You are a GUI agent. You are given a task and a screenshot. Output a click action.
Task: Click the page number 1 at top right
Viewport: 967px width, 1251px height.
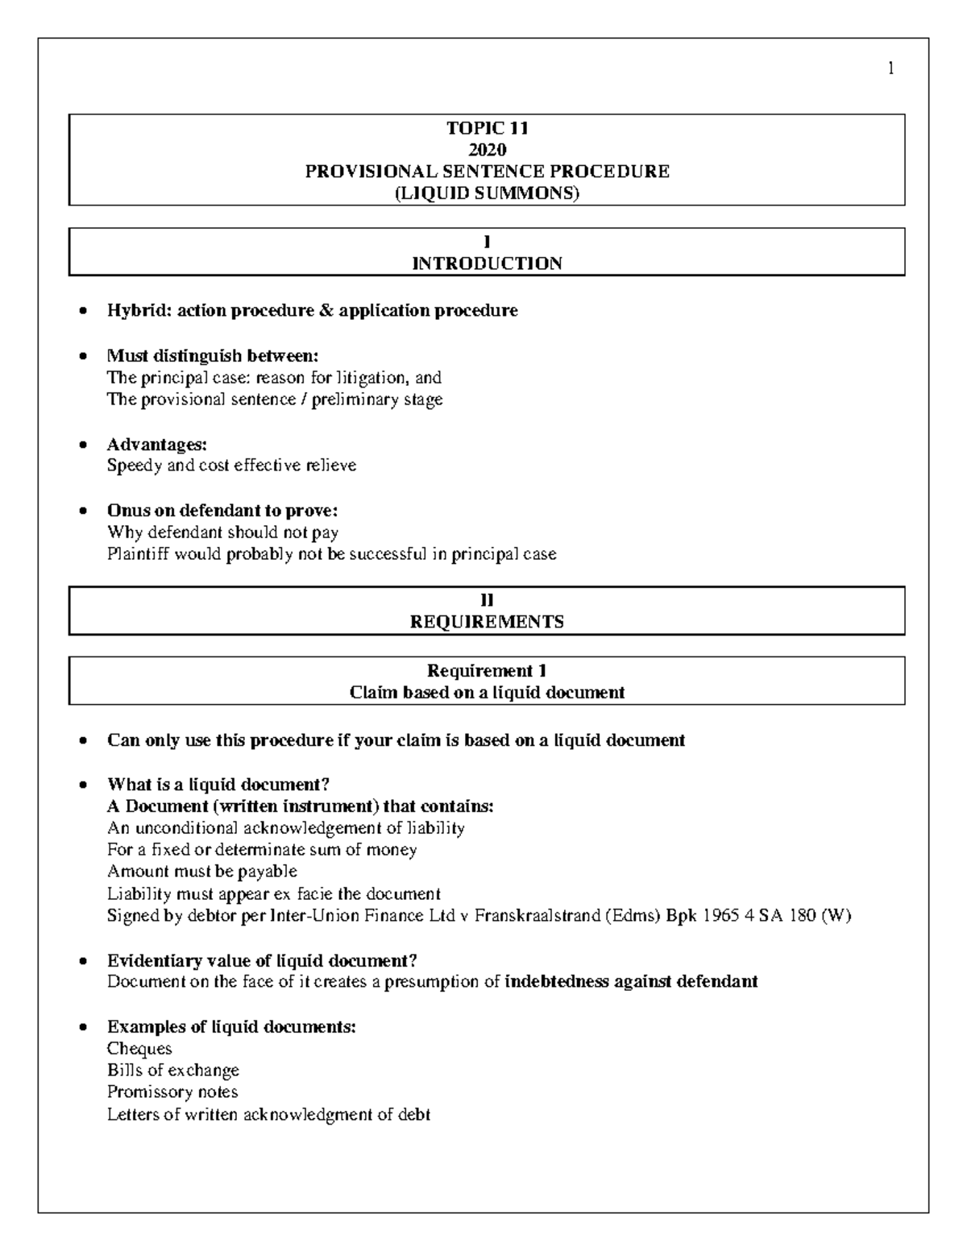(x=890, y=69)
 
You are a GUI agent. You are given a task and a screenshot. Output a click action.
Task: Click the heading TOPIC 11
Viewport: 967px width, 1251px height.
(x=487, y=128)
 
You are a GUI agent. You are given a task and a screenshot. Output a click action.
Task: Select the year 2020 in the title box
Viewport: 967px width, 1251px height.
(x=487, y=150)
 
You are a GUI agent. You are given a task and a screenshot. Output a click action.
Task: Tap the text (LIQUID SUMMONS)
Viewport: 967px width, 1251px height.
(x=487, y=193)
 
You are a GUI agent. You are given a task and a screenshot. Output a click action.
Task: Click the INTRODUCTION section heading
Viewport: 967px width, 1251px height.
(x=487, y=263)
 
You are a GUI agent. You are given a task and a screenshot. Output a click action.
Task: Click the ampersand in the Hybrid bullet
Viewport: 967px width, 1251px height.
(x=326, y=311)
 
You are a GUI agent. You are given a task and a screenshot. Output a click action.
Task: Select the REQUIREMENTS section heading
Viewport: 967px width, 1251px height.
(x=487, y=622)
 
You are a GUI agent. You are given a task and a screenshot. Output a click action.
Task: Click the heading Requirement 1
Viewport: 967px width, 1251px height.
(x=487, y=671)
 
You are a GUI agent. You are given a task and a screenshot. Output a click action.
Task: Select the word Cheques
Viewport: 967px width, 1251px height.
(x=139, y=1049)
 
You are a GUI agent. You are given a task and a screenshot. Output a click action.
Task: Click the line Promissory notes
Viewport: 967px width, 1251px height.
(x=172, y=1092)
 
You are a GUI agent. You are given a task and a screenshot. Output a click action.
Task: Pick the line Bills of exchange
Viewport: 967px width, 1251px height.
(x=173, y=1071)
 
